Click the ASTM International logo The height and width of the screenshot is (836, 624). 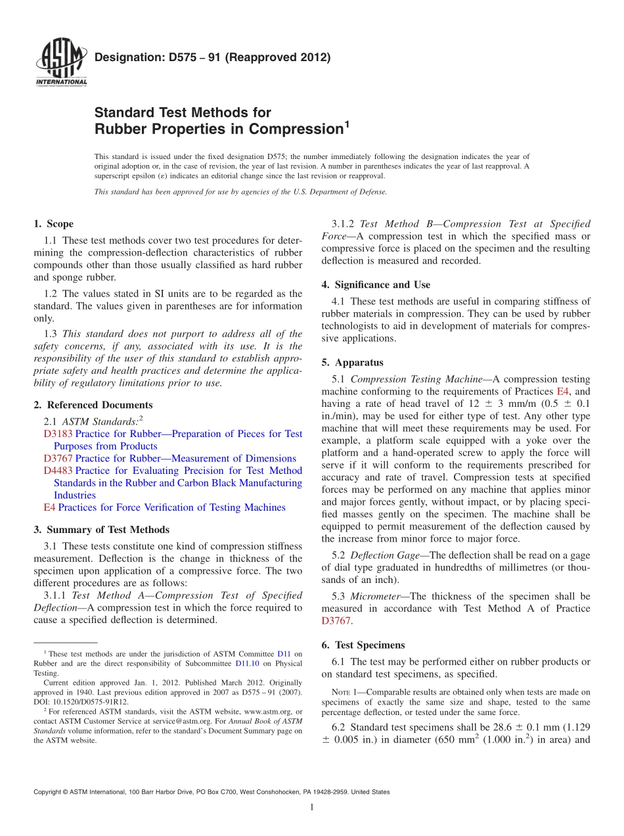60,63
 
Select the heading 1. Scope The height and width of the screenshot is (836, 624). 53,224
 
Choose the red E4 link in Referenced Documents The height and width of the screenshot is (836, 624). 49,507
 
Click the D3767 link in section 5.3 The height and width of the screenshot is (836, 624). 336,620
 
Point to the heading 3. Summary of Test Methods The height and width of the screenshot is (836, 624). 101,530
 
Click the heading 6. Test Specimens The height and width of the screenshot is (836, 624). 363,645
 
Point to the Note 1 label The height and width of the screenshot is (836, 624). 343,692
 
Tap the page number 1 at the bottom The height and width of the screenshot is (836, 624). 312,807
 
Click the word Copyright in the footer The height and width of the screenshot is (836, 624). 49,792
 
